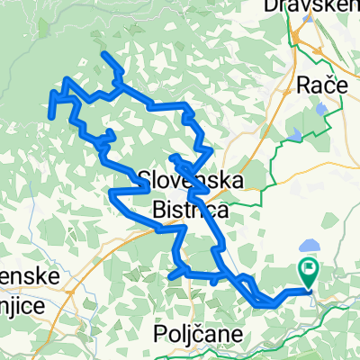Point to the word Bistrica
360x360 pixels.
pos(191,209)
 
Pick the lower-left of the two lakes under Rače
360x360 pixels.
pos(296,134)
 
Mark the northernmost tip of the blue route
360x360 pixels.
pos(105,55)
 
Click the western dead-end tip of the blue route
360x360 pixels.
pos(53,116)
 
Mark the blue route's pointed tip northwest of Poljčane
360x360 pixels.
pos(170,276)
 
